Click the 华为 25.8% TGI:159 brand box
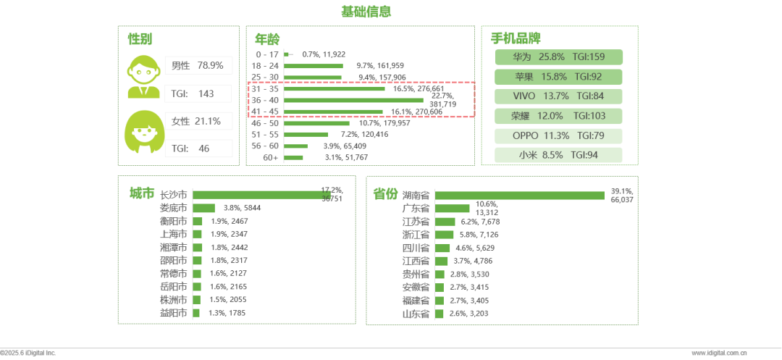(x=559, y=57)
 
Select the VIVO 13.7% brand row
(x=559, y=96)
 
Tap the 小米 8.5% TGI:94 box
(x=559, y=155)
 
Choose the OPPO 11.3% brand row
(x=559, y=135)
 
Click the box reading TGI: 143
(x=198, y=93)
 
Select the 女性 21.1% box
(x=198, y=121)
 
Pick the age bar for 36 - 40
(x=353, y=100)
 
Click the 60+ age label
(x=271, y=157)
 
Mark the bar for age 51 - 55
(x=306, y=135)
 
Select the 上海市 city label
(x=173, y=234)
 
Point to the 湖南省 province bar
(x=519, y=196)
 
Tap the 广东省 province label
(x=416, y=209)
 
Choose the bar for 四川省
(x=443, y=248)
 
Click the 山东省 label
(x=416, y=314)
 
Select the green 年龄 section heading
(x=266, y=38)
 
